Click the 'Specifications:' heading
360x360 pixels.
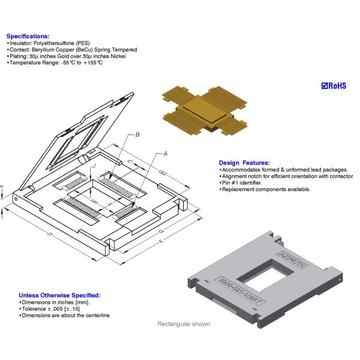pos(28,36)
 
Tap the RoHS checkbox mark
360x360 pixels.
pos(325,86)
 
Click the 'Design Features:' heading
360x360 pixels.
pos(244,163)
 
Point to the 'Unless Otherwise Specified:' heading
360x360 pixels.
pos(59,295)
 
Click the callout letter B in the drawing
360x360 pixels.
pos(137,135)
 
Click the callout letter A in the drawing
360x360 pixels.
pos(165,154)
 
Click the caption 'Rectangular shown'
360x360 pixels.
pos(184,324)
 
